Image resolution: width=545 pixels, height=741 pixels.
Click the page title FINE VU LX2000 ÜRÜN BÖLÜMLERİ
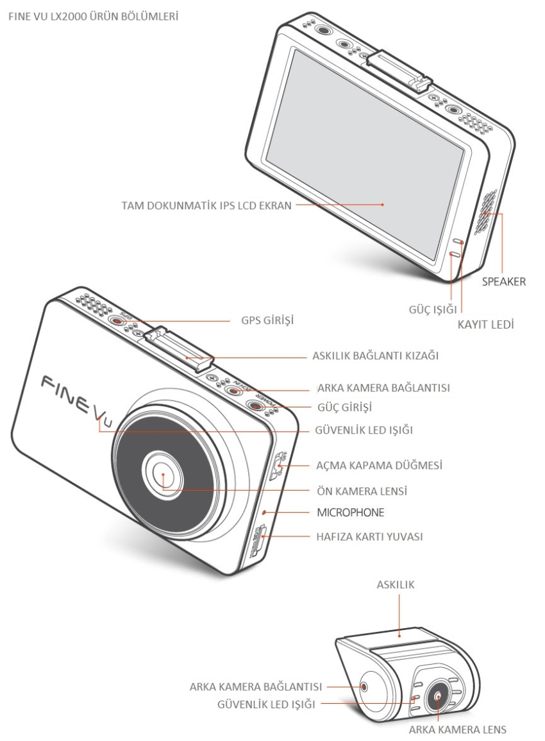[93, 17]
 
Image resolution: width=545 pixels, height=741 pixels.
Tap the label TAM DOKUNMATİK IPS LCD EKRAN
[206, 206]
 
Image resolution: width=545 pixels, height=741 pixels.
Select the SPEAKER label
[503, 282]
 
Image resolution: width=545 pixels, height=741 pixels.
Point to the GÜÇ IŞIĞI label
[433, 309]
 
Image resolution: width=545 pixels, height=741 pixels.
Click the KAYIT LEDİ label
[485, 325]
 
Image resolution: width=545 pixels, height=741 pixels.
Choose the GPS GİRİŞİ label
[267, 320]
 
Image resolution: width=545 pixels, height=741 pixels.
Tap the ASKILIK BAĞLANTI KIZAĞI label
[376, 355]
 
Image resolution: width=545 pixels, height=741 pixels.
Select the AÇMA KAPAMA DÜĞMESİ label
[379, 466]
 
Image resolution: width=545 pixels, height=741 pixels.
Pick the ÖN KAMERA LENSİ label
[362, 491]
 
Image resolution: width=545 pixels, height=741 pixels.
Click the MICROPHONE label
[351, 512]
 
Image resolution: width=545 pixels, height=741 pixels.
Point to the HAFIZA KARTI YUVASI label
[369, 537]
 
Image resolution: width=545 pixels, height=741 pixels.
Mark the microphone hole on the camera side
[265, 512]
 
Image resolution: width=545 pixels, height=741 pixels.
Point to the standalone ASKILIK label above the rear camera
[396, 584]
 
